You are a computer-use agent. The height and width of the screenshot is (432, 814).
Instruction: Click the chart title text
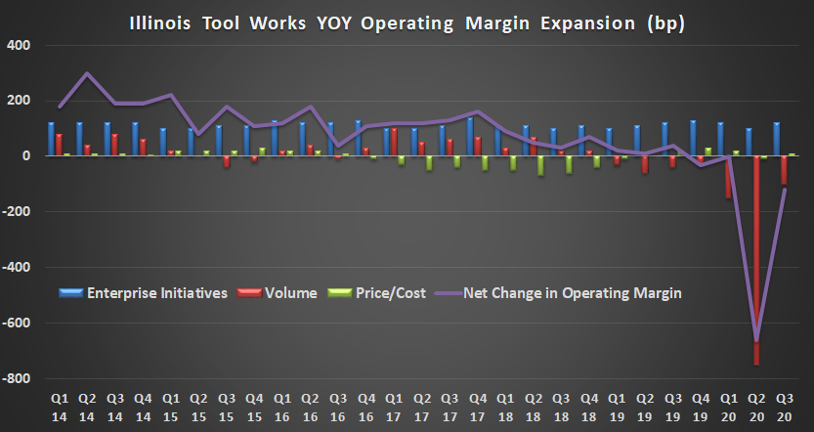[x=407, y=21]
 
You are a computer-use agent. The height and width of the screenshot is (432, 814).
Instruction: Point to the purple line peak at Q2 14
[x=87, y=73]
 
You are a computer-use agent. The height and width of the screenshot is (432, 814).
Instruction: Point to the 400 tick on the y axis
[x=19, y=45]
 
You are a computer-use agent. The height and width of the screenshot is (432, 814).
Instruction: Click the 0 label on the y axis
[x=27, y=156]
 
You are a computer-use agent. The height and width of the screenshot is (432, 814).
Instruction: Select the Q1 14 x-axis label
[x=60, y=409]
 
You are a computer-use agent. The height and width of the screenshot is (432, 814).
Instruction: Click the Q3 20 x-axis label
[x=786, y=409]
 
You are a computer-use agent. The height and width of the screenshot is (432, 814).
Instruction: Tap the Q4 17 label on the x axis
[x=478, y=409]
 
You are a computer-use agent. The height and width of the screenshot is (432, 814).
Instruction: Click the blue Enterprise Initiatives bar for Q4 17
[x=471, y=137]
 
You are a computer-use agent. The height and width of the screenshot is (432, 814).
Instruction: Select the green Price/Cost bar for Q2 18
[x=540, y=165]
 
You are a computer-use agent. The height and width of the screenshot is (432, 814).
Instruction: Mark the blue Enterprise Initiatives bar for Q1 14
[x=51, y=139]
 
